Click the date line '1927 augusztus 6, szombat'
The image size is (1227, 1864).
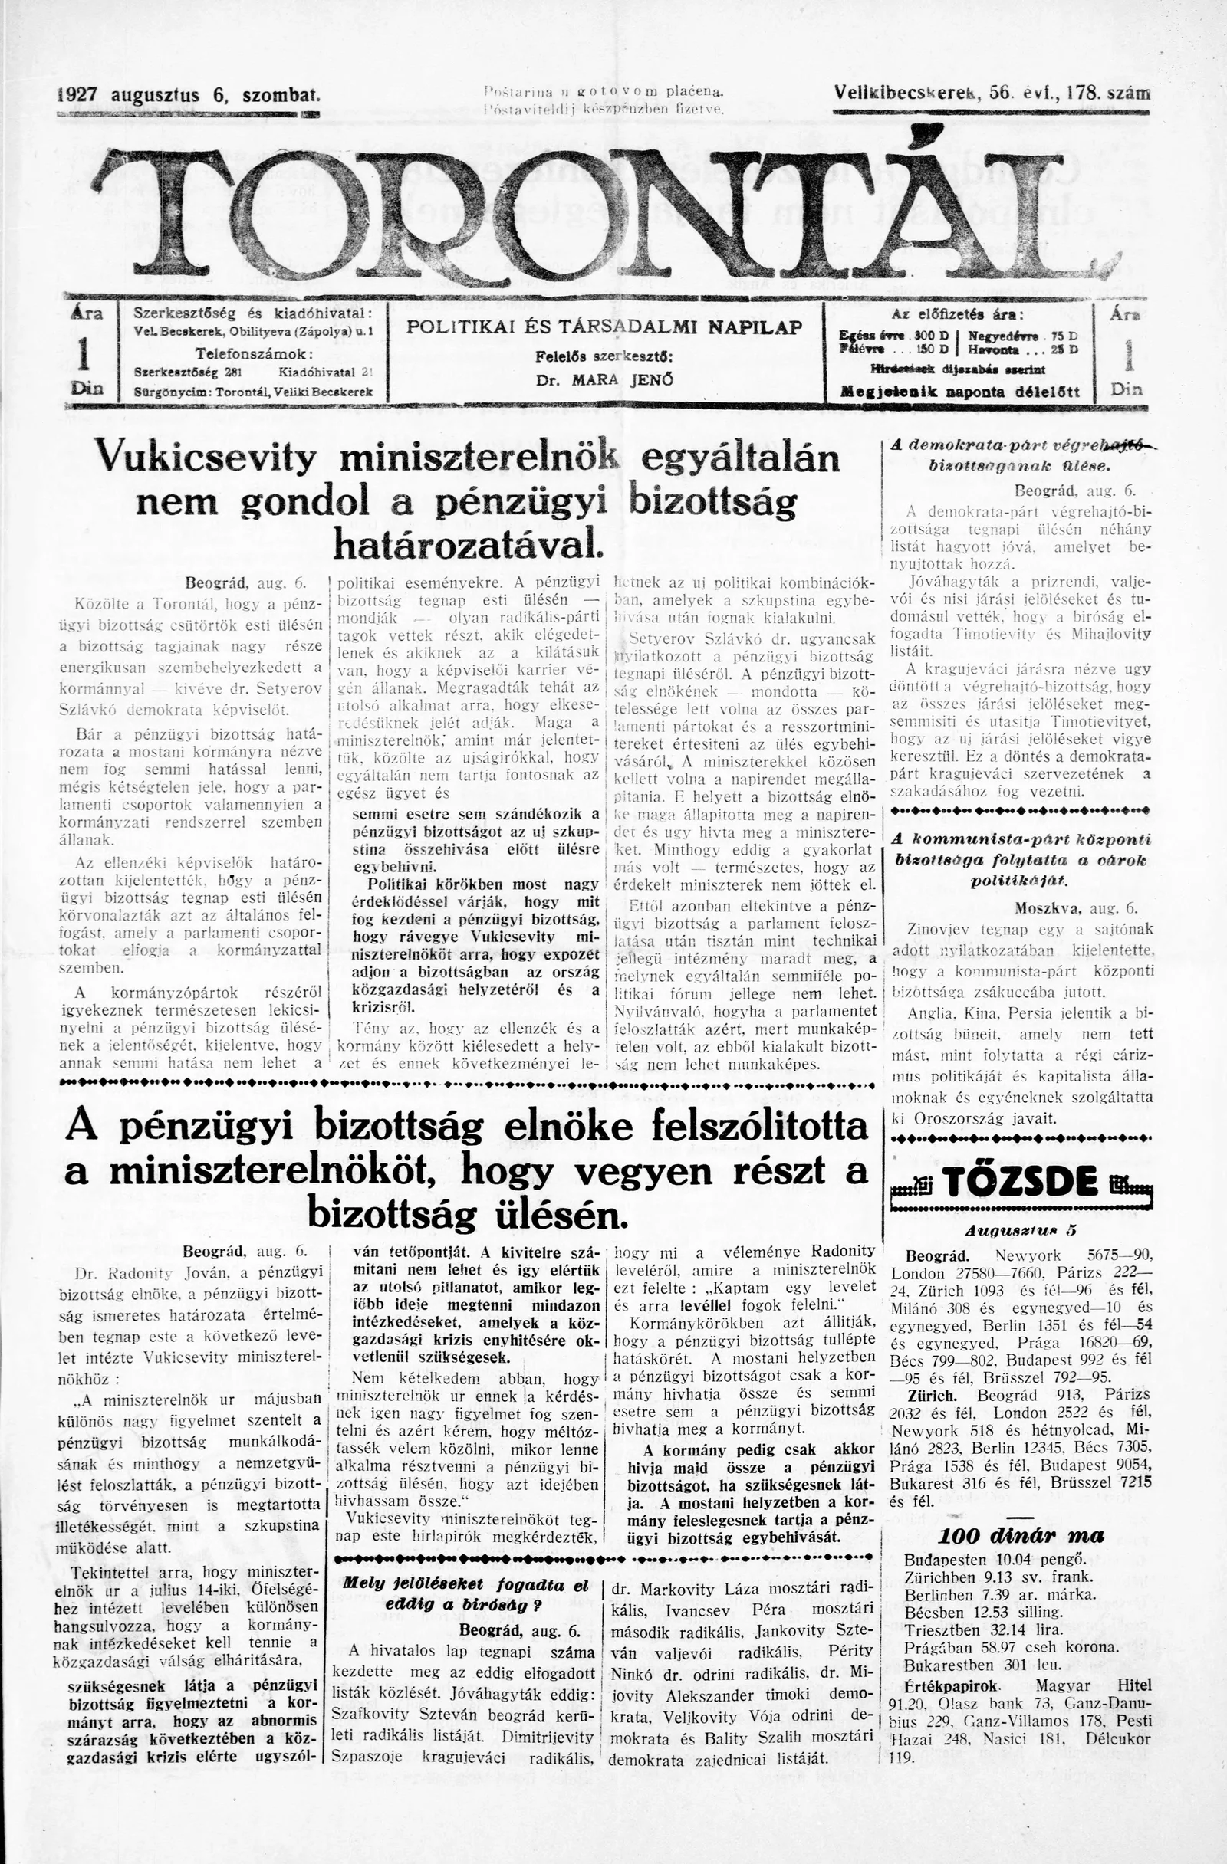click(189, 96)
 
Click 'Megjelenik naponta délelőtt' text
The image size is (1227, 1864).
click(959, 392)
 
